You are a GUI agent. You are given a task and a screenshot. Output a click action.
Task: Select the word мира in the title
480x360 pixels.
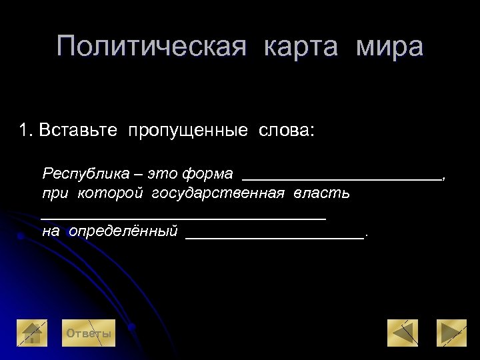coord(390,47)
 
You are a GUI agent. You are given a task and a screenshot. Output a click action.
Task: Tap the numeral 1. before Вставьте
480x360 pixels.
coord(27,129)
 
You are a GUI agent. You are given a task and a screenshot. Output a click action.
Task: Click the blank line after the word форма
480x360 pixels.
coord(341,177)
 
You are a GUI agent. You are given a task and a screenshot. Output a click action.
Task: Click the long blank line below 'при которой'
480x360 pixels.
coord(183,217)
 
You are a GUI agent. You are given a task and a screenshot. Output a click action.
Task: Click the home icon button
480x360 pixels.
coord(32,333)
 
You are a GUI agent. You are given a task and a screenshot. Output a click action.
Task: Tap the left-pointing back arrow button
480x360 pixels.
coord(403,333)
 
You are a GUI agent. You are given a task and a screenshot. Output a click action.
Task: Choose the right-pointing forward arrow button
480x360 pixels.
coord(451,333)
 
